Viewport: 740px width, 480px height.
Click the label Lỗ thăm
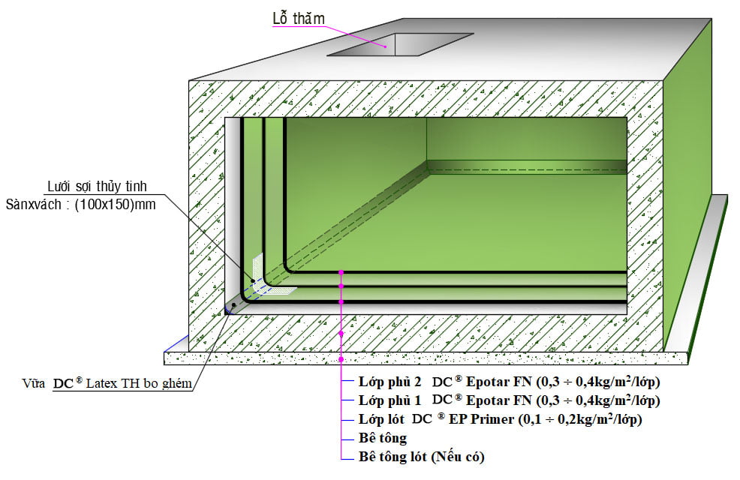298,19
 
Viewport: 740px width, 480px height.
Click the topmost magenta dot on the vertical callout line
341,271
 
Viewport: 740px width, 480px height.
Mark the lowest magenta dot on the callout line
341,359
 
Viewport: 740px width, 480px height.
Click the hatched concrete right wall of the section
645,225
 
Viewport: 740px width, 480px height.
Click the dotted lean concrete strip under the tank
420,358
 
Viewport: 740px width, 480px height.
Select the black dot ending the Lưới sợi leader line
253,280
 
